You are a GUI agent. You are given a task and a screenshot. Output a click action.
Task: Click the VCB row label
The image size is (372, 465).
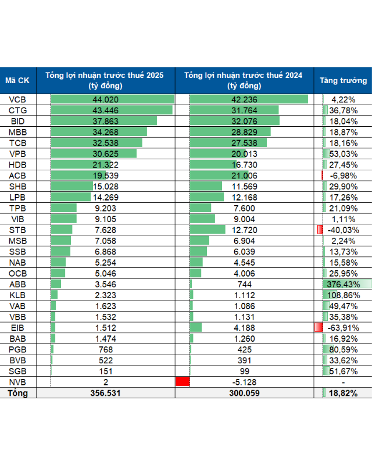coord(18,99)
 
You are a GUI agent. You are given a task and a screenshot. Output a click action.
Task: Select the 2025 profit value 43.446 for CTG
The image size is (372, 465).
coord(105,110)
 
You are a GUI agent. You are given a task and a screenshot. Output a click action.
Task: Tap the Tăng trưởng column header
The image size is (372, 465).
coord(343,81)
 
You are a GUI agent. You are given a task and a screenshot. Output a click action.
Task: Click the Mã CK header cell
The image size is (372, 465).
coord(18,81)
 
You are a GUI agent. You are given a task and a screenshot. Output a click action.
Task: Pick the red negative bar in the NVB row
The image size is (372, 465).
coord(183,382)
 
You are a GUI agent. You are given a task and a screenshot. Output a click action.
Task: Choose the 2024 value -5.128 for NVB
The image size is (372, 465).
coord(243,382)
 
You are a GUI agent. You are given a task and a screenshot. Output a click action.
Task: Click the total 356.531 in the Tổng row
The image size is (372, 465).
coord(105,394)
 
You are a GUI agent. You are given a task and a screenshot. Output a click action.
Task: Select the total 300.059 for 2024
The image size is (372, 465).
coord(243,394)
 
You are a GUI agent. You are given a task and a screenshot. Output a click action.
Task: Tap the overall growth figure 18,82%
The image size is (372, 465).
coord(344,394)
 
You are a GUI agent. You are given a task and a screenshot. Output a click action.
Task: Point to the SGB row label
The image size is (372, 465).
coord(18,371)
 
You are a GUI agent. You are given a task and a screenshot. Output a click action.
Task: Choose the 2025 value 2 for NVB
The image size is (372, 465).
coord(105,382)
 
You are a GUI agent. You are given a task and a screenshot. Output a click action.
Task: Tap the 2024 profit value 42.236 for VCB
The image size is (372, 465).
coord(243,99)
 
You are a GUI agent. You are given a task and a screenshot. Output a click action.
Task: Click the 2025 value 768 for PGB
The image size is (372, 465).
coord(105,349)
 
